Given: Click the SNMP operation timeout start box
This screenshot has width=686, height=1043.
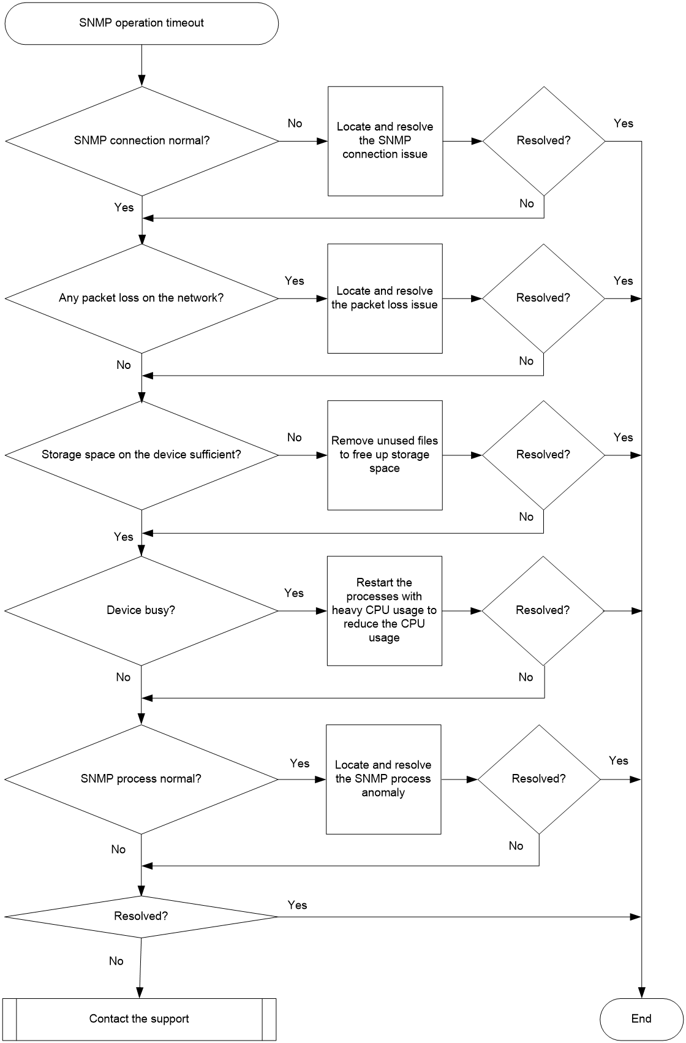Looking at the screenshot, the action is point(141,23).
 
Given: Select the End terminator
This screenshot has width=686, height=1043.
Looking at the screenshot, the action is point(641,1018).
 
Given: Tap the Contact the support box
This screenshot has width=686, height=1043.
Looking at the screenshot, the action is point(139,1018).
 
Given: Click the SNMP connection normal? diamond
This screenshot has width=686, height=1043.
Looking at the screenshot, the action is point(142,141).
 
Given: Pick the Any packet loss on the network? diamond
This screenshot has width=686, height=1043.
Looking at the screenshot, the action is point(141,298).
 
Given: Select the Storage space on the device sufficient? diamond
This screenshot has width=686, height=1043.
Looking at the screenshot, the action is point(141,455).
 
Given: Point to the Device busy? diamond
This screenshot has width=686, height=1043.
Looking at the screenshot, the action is point(141,610).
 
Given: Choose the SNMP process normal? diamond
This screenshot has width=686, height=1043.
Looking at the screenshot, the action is point(141,779).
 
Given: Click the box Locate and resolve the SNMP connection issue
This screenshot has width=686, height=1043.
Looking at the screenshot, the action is point(385,141).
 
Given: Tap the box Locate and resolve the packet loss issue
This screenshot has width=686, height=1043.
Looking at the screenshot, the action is point(385,298).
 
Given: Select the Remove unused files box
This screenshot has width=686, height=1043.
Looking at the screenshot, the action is point(385,455).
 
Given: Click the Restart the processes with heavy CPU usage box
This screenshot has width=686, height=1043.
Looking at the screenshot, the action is point(385,610).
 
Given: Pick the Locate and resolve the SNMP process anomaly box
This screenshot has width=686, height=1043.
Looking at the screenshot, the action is point(383,779).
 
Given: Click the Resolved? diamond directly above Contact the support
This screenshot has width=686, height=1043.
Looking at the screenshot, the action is point(141,916).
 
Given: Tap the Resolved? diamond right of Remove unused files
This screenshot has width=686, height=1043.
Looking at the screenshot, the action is point(543,455).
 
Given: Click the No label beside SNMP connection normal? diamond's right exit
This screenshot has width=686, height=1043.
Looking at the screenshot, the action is point(295,123).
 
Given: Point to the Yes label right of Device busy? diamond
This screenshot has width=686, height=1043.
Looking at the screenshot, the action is point(294,593).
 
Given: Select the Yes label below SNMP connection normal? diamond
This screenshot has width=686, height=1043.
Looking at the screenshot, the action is point(124,207).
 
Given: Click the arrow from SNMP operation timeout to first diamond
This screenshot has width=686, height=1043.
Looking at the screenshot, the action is point(141,66).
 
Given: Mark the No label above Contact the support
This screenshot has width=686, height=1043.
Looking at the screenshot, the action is point(116,961).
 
